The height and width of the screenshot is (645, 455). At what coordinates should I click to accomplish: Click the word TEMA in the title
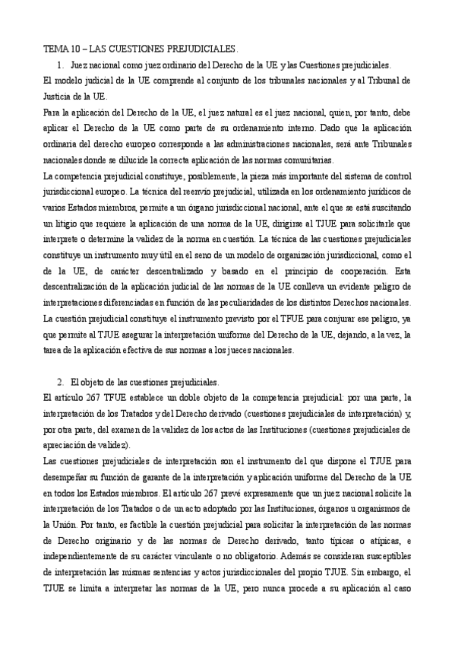click(54, 47)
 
